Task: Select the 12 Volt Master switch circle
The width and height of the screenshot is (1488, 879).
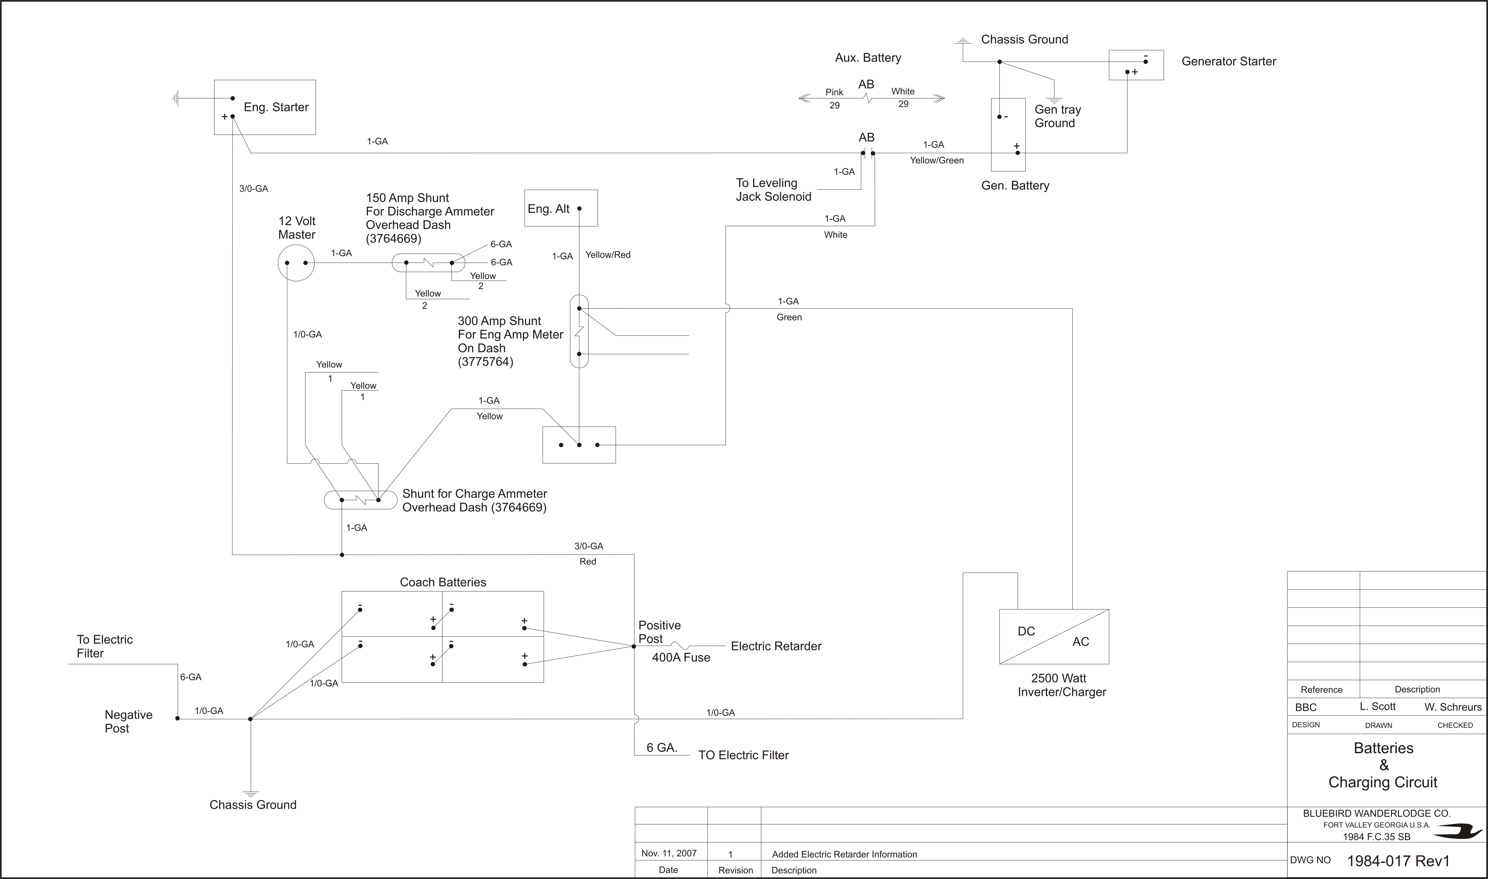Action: pyautogui.click(x=278, y=262)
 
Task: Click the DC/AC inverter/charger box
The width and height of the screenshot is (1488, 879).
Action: pyautogui.click(x=1054, y=637)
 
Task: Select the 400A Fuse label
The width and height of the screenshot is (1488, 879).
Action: pyautogui.click(x=681, y=658)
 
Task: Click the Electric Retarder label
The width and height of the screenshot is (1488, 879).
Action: pyautogui.click(x=776, y=646)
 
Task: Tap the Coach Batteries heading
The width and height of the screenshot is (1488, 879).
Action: pyautogui.click(x=443, y=582)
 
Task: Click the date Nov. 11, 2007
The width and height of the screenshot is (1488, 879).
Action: pyautogui.click(x=669, y=853)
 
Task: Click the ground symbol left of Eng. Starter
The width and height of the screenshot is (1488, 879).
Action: pyautogui.click(x=175, y=98)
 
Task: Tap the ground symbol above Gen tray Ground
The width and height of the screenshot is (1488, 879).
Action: pyautogui.click(x=1054, y=100)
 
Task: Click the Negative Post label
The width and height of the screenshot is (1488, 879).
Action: pyautogui.click(x=129, y=721)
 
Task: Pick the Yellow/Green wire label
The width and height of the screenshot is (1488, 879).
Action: pyautogui.click(x=936, y=160)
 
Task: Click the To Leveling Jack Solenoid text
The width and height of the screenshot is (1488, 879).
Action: pyautogui.click(x=774, y=190)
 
